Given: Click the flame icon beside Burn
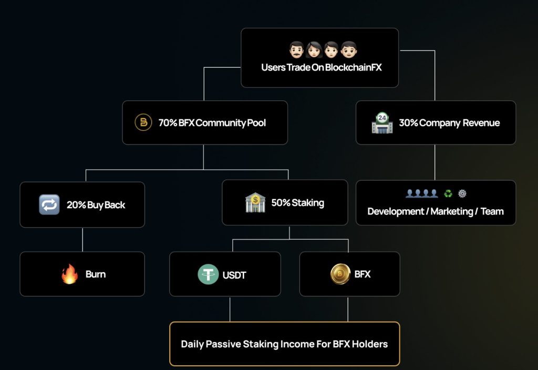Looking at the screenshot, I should point(69,274).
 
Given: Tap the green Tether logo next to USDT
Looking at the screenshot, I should point(208,274).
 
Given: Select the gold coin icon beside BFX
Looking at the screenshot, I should point(340,274).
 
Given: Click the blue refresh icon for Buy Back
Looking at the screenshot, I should point(49,204).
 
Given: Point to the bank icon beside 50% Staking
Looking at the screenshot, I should point(255,203).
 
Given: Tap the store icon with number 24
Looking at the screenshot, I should point(382,123).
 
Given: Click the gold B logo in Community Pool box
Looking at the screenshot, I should point(143,122).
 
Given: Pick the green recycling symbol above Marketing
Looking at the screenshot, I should point(448,193).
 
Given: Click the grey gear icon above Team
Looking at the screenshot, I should point(462,193).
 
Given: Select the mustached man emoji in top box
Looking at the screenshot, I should point(297,51).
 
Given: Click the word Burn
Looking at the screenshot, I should point(96,274).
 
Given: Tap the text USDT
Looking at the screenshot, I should point(234,275).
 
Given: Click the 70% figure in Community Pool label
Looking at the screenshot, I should point(168,123).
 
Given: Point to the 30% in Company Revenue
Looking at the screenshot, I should point(408,123).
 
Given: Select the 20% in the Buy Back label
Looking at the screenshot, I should point(76,205).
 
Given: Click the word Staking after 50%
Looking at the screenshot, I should point(308,203).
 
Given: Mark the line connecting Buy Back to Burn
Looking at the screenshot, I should point(82,240).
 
